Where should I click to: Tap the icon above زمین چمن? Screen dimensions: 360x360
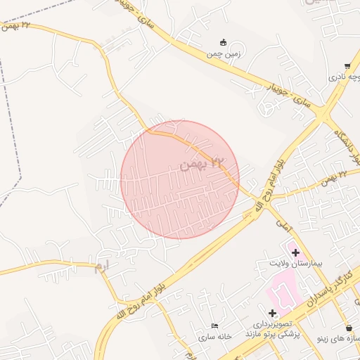click(224, 42)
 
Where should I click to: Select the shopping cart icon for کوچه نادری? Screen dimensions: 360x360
click(347, 66)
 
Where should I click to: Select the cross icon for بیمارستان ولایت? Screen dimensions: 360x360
click(295, 252)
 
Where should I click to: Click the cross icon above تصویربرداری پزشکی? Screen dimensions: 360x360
click(272, 312)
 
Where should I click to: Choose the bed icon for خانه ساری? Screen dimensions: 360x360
click(214, 326)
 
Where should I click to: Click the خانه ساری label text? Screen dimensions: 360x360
click(216, 337)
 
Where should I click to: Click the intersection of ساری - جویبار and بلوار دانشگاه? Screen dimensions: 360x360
click(323, 111)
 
